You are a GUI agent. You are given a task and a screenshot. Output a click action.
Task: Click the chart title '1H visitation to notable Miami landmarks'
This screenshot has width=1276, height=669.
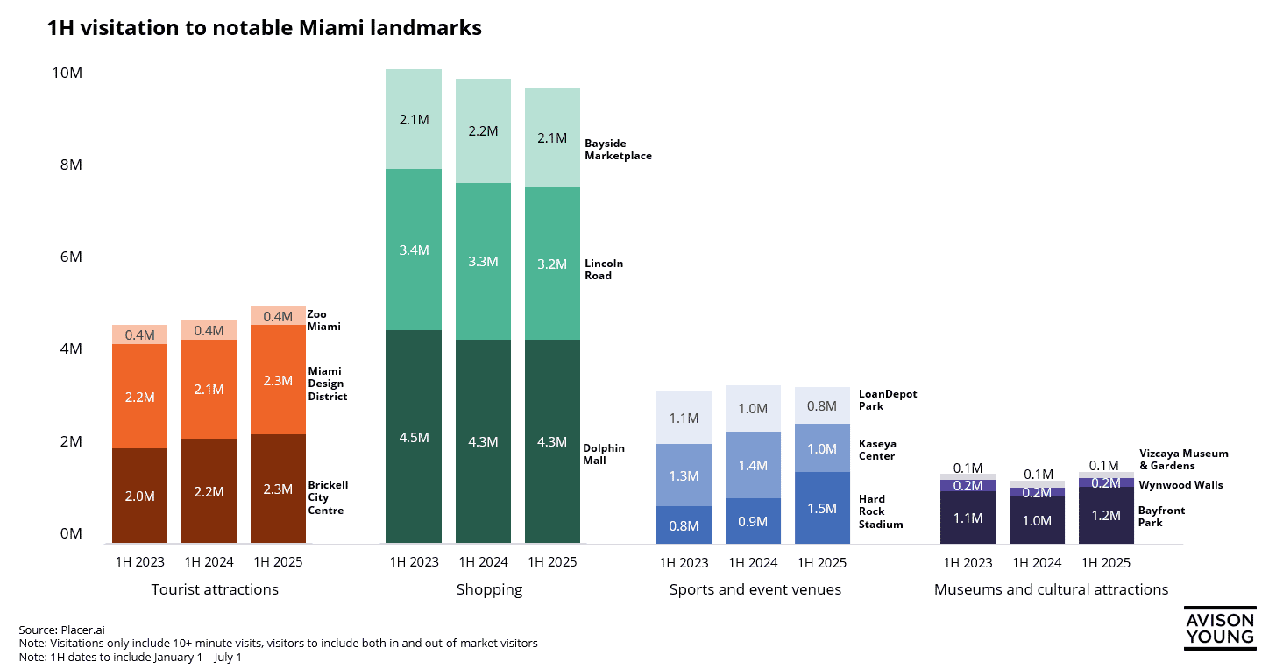(x=264, y=28)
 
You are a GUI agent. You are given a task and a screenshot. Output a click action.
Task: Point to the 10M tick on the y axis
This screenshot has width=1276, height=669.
(x=67, y=74)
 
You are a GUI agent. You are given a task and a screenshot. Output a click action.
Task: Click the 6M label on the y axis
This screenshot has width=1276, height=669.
(x=70, y=257)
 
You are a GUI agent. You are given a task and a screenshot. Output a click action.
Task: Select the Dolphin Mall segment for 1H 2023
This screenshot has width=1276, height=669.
(x=414, y=436)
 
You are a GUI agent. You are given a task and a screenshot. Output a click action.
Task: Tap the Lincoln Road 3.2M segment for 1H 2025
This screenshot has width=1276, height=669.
(x=552, y=264)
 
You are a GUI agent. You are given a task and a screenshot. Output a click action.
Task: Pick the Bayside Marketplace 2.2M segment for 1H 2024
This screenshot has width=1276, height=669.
(x=483, y=130)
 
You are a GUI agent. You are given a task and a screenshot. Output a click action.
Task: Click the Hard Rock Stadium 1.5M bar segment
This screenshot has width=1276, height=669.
(x=822, y=508)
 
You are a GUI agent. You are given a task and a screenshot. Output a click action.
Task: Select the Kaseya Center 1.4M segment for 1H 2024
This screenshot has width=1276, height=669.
(x=753, y=465)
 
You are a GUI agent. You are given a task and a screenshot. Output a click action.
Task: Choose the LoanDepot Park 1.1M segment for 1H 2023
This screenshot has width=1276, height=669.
(x=684, y=418)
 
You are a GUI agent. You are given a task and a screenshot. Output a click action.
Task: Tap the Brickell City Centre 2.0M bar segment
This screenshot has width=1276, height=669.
(x=139, y=496)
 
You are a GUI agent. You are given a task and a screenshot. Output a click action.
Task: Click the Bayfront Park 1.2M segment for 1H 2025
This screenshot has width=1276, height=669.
(x=1106, y=515)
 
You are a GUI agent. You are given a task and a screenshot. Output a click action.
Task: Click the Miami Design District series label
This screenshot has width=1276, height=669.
(x=327, y=384)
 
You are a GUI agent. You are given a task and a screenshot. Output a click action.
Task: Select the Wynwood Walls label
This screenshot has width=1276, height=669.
(x=1180, y=485)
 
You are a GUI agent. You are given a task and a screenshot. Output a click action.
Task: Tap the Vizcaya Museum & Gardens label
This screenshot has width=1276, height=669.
(x=1183, y=460)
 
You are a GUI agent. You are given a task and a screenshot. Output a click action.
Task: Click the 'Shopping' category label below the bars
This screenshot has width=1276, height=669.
(x=489, y=589)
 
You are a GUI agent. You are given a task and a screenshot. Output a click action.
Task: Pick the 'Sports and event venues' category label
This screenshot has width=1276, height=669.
(x=755, y=589)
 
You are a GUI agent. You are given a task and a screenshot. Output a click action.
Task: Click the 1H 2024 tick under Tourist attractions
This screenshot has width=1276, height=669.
(x=209, y=562)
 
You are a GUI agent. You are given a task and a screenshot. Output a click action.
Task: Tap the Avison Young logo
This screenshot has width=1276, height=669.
(x=1219, y=628)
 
